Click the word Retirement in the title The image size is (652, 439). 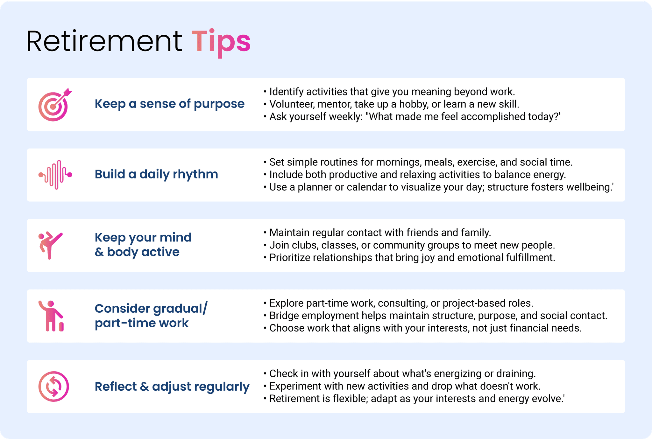click(x=104, y=41)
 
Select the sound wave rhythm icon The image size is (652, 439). click(x=55, y=175)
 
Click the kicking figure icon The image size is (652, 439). click(x=50, y=245)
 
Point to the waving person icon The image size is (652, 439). click(x=51, y=316)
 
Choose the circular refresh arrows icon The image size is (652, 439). click(x=53, y=387)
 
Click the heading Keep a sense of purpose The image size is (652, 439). click(x=170, y=104)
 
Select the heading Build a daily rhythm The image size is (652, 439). click(x=156, y=174)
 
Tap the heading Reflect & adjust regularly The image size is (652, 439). click(x=172, y=387)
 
